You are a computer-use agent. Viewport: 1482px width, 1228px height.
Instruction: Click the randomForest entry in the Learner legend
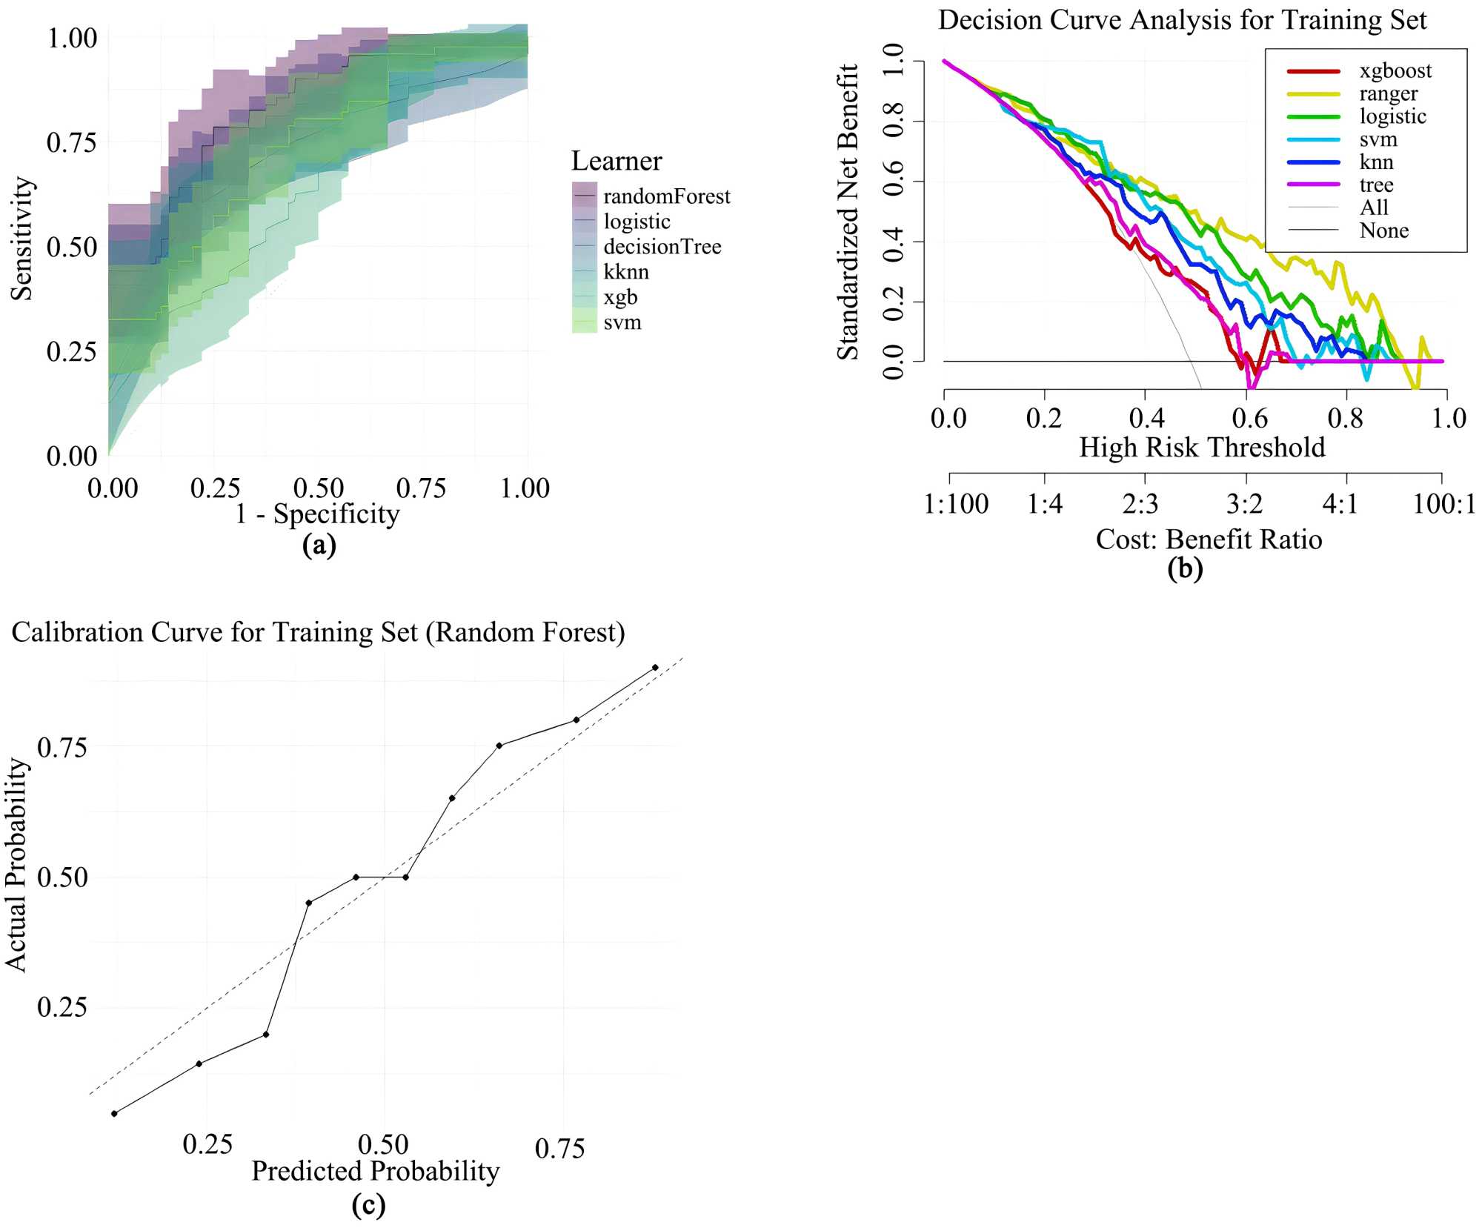tap(666, 196)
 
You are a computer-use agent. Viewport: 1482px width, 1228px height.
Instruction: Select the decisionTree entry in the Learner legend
tap(662, 247)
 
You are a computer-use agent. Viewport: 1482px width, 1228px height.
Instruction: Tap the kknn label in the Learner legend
tap(626, 272)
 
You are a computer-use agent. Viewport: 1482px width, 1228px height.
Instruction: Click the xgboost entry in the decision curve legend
tap(1395, 71)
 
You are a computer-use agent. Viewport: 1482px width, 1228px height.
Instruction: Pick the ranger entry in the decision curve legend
tap(1388, 94)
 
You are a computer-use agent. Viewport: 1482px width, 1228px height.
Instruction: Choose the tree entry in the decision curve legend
tap(1376, 185)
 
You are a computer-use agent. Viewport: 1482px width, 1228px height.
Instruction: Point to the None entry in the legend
tap(1383, 230)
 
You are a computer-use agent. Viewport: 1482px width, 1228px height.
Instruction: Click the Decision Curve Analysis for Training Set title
tap(1182, 20)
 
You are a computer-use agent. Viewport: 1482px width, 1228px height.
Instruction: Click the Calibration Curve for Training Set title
tap(318, 632)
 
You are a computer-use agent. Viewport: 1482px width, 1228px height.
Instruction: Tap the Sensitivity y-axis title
tap(21, 239)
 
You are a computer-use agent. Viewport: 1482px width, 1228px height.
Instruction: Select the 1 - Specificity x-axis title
tap(317, 514)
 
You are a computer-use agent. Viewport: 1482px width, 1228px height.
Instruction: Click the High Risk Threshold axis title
tap(1201, 448)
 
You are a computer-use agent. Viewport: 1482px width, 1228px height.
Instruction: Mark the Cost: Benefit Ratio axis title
tap(1209, 540)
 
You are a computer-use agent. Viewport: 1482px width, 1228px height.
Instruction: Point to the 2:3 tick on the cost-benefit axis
tap(1140, 504)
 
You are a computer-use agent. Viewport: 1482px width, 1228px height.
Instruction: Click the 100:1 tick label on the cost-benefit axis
tap(1443, 504)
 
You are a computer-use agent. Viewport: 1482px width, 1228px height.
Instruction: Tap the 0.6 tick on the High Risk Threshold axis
tap(1249, 418)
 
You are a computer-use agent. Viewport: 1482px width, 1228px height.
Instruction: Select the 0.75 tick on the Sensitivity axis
tap(72, 142)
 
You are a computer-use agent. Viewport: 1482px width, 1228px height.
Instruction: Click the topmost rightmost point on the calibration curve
tap(655, 668)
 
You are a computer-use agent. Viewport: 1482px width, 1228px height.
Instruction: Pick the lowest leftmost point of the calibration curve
tap(114, 1114)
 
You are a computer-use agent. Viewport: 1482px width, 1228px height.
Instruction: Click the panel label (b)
tap(1184, 568)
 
